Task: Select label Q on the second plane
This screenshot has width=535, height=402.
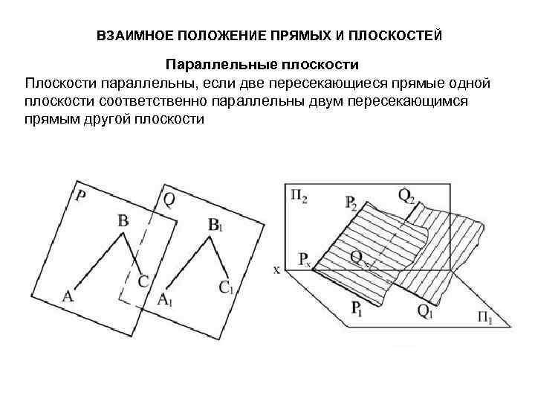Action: (x=169, y=199)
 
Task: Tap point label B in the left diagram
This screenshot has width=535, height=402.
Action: (x=123, y=220)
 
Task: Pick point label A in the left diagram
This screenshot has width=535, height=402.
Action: (x=68, y=296)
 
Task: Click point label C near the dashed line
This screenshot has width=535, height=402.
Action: (x=143, y=281)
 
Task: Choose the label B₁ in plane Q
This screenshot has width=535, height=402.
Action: (x=215, y=224)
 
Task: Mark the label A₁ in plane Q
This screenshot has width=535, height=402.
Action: (x=165, y=299)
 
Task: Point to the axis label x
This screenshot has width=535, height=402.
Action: (x=277, y=269)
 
